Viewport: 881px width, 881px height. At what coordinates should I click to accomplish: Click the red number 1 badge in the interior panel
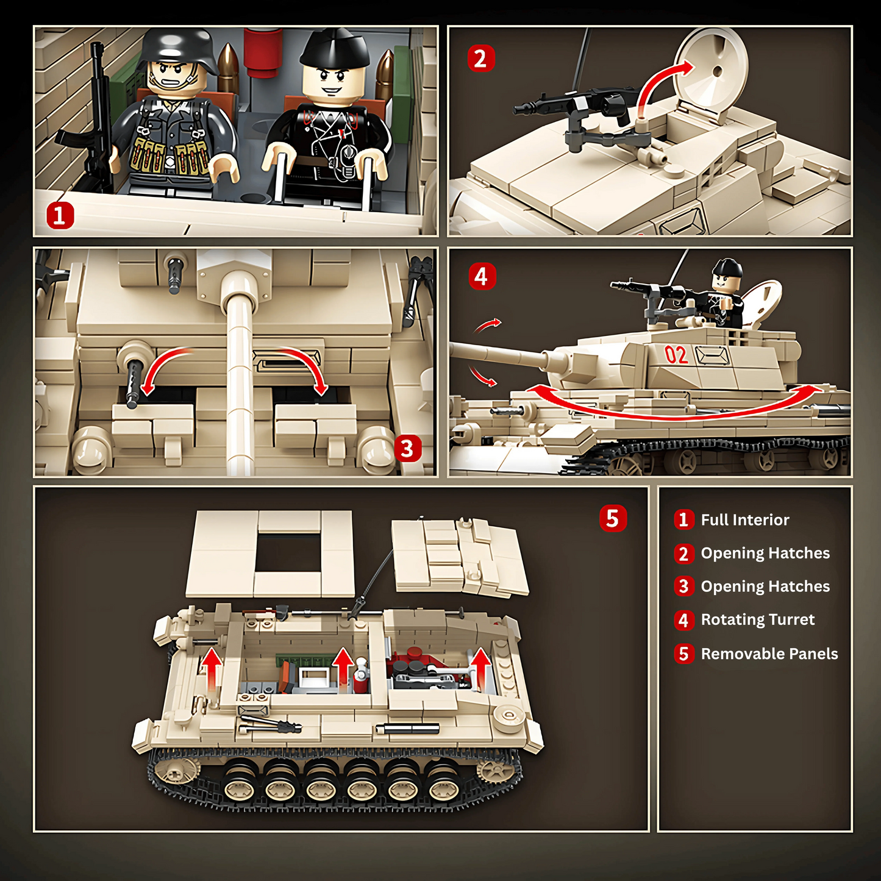tap(60, 216)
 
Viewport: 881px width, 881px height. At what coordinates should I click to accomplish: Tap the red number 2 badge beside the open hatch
tap(480, 59)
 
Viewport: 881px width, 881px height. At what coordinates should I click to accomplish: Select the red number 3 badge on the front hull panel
tap(408, 449)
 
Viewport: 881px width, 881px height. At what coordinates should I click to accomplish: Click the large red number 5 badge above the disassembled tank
tap(613, 518)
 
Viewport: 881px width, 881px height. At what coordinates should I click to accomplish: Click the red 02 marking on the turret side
tap(676, 355)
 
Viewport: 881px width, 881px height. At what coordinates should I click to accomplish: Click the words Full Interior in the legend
tap(744, 520)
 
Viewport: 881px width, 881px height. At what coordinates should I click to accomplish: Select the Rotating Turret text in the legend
tap(757, 620)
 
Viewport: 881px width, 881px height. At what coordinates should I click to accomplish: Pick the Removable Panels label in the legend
tap(769, 654)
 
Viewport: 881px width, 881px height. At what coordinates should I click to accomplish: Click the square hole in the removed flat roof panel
tap(288, 552)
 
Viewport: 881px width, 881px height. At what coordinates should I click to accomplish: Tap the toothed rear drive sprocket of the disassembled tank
tap(495, 770)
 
